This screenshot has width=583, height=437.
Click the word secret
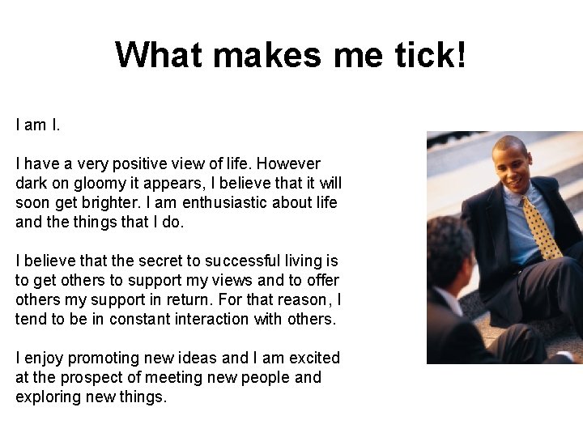click(156, 261)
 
